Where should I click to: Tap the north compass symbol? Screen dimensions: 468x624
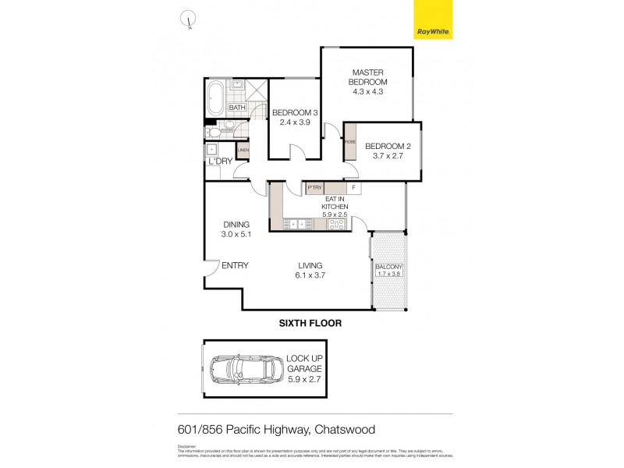pos(188,20)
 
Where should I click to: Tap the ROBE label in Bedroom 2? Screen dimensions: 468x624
pos(350,142)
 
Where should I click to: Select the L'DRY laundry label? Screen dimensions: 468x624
pos(220,161)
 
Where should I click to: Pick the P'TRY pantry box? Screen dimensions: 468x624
pos(314,188)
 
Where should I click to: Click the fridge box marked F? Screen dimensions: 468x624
pos(353,188)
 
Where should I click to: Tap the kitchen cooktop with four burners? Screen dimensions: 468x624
pos(338,225)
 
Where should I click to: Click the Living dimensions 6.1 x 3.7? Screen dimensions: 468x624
pos(310,275)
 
